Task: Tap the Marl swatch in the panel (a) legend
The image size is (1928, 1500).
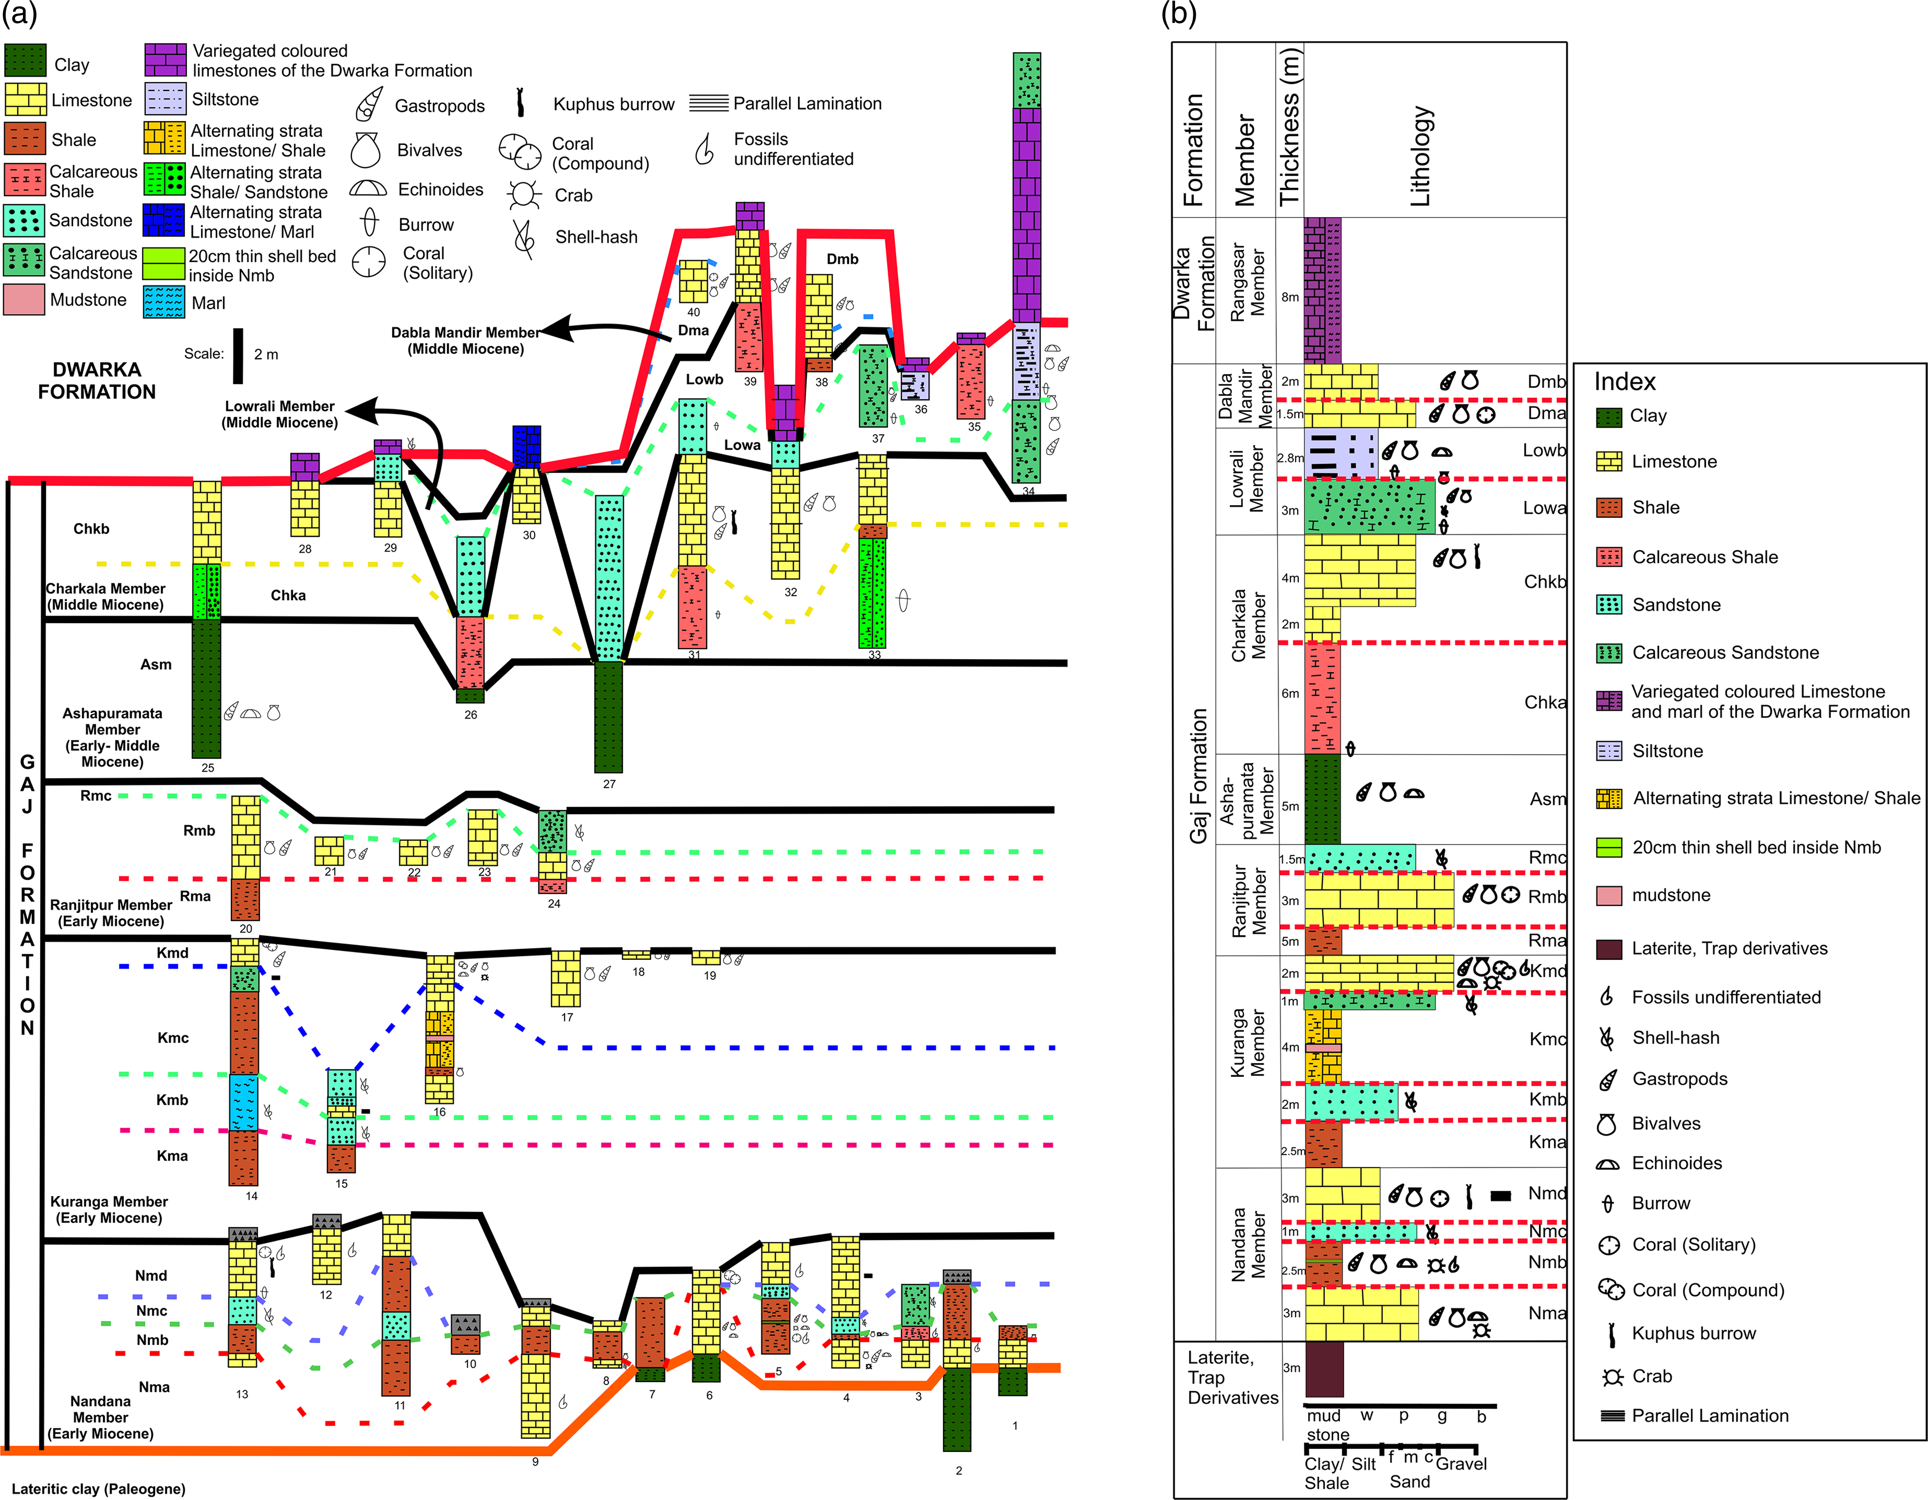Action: pyautogui.click(x=164, y=302)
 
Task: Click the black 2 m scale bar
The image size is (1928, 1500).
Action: pyautogui.click(x=238, y=356)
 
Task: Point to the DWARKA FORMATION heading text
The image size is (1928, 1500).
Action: pyautogui.click(x=97, y=381)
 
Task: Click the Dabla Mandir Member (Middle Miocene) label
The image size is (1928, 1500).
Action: pyautogui.click(x=465, y=340)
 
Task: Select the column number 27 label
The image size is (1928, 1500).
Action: pyautogui.click(x=609, y=784)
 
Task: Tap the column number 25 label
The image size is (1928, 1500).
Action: pyautogui.click(x=208, y=768)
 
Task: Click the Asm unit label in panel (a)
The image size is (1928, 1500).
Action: pyautogui.click(x=156, y=664)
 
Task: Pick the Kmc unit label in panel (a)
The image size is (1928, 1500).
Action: pyautogui.click(x=173, y=1037)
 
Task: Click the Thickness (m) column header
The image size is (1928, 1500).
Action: pyautogui.click(x=1290, y=128)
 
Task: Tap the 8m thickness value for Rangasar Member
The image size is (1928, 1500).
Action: pyautogui.click(x=1290, y=297)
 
